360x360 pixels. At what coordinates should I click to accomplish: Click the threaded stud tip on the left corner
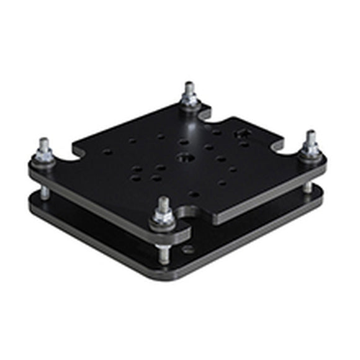point(44,142)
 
